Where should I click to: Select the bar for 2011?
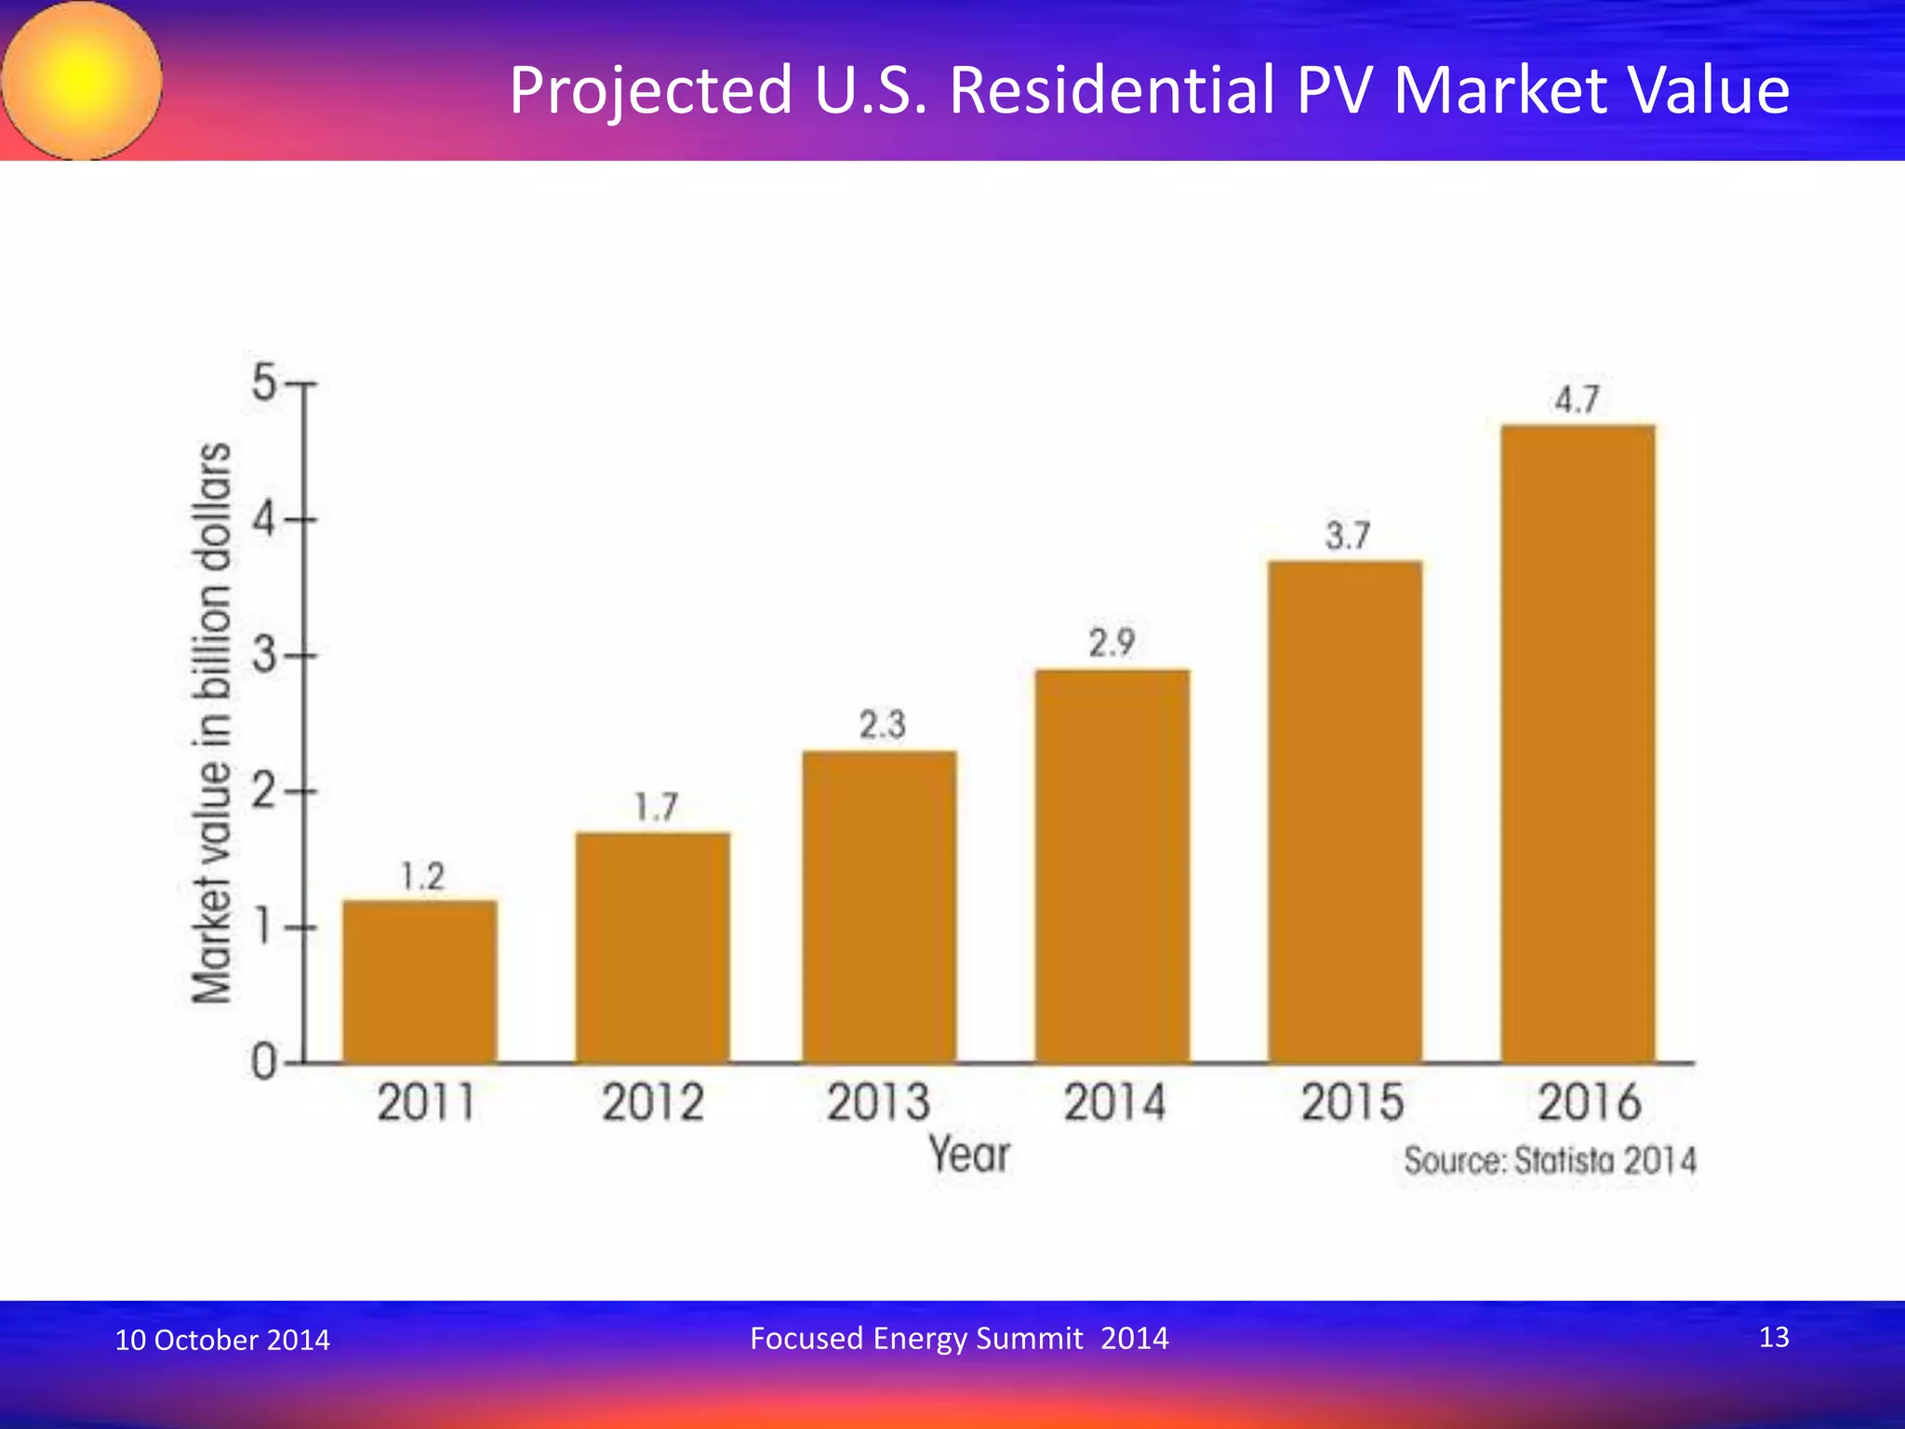pos(420,982)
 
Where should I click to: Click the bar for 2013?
pos(879,907)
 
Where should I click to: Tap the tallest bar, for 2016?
pos(1578,744)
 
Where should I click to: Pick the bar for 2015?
pos(1345,811)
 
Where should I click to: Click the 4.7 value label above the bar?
pos(1577,400)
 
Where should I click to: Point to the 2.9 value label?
pos(1112,643)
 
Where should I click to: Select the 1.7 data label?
pos(656,807)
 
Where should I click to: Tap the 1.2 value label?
pos(422,876)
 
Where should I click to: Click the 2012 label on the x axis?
pos(652,1103)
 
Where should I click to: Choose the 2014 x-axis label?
pos(1113,1103)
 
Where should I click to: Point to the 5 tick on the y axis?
pos(264,382)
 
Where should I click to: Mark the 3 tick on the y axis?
pos(264,656)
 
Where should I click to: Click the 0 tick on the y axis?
pos(264,1062)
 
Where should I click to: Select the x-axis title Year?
pos(969,1155)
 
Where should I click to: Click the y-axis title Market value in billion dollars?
pos(211,723)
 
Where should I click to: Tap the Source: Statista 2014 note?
pos(1550,1161)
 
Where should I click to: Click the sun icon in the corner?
pos(82,80)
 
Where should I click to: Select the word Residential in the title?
pos(1112,90)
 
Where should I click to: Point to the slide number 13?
pos(1774,1337)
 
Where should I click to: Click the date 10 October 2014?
pos(222,1340)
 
